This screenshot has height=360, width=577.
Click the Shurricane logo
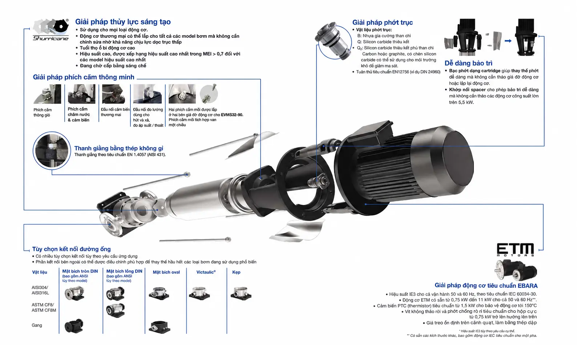click(51, 30)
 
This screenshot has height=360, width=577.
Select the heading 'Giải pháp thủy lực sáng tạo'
click(123, 22)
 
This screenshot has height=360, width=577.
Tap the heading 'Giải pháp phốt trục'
click(382, 23)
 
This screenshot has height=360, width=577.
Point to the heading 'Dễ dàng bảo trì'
click(468, 63)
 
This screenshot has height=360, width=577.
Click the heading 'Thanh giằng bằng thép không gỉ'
click(119, 148)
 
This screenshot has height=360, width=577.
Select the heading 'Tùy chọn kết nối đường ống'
click(71, 249)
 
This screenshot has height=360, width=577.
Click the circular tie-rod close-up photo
click(52, 151)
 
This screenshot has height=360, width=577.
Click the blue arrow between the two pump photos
click(508, 41)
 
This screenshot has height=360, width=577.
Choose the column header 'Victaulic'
click(206, 272)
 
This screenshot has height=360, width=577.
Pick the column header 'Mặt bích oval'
click(166, 272)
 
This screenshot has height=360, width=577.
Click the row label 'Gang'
click(37, 325)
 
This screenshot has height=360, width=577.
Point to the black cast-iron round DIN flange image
click(74, 326)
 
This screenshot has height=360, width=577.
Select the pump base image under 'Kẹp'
click(241, 293)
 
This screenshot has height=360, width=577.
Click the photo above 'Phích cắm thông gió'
click(47, 94)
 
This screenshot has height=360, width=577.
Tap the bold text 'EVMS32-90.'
click(232, 115)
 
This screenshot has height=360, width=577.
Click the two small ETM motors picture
click(516, 270)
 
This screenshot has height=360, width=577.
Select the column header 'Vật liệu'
click(40, 272)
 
